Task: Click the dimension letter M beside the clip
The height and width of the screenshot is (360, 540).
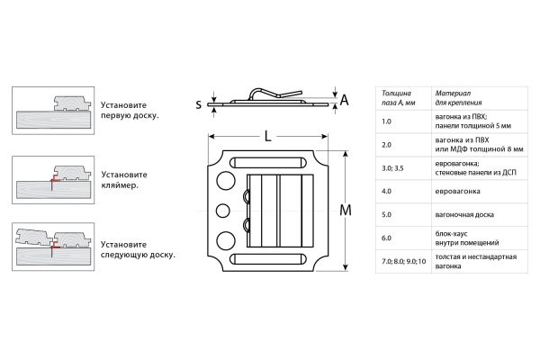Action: tap(346, 211)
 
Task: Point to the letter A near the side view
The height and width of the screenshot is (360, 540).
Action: tap(344, 102)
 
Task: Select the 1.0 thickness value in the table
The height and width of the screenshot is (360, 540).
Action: tap(387, 121)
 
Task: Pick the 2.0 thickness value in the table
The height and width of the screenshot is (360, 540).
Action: tap(387, 144)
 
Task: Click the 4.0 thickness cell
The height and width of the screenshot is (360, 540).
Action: tap(387, 191)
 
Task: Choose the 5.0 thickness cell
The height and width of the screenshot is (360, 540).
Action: tap(387, 214)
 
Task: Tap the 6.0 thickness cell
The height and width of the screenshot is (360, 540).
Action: tap(387, 238)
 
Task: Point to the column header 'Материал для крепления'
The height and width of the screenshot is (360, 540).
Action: tap(460, 97)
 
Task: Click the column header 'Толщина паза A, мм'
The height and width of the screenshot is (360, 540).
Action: tap(400, 97)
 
